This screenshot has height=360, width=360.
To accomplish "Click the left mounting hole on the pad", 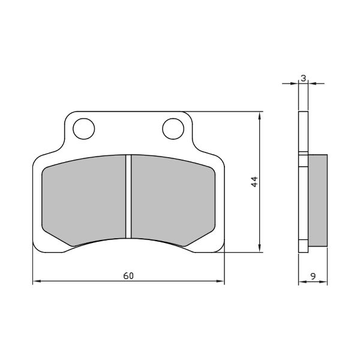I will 83,128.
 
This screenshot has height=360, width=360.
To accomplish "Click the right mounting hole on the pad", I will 173,128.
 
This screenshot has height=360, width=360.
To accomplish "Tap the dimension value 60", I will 128,276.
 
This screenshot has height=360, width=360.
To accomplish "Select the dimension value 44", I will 254,182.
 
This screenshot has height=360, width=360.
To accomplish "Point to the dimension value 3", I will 304,78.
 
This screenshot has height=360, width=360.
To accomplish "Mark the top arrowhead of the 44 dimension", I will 259,114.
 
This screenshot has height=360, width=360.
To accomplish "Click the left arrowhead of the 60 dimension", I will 35,281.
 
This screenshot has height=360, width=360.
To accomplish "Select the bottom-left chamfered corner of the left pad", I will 55,238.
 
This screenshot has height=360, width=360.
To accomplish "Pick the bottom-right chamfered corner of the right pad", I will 201,238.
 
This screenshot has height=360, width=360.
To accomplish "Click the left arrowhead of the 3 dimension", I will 296,83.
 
